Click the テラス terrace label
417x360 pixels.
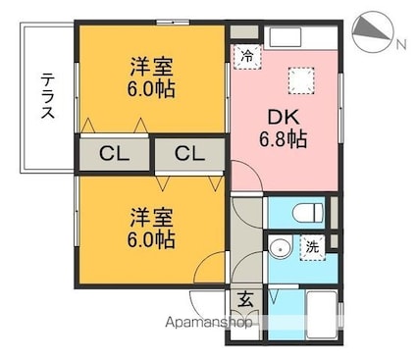pyautogui.click(x=47, y=96)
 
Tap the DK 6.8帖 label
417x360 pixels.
pyautogui.click(x=284, y=128)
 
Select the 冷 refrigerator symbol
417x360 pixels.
pyautogui.click(x=247, y=57)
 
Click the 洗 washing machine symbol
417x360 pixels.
pyautogui.click(x=313, y=247)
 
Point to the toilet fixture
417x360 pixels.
pyautogui.click(x=307, y=212)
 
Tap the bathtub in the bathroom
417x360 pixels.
pyautogui.click(x=322, y=314)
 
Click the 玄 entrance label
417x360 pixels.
pyautogui.click(x=245, y=300)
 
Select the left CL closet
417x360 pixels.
pyautogui.click(x=115, y=154)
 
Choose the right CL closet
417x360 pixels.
pyautogui.click(x=189, y=154)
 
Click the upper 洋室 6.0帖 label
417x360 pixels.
pyautogui.click(x=151, y=77)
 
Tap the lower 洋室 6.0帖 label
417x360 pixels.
pyautogui.click(x=151, y=228)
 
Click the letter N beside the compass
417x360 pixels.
pyautogui.click(x=401, y=44)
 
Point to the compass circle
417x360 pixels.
pyautogui.click(x=372, y=32)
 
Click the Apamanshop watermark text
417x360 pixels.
pyautogui.click(x=209, y=323)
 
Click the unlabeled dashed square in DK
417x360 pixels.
pyautogui.click(x=301, y=80)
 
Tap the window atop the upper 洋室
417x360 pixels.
pyautogui.click(x=173, y=23)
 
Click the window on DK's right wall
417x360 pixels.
pyautogui.click(x=340, y=108)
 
